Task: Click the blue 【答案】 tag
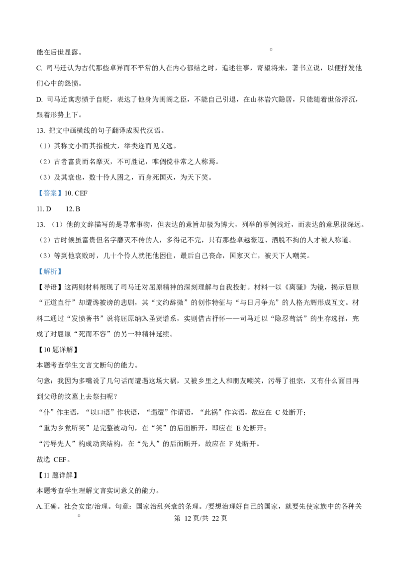point(50,193)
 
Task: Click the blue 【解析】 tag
point(50,272)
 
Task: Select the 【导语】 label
point(50,287)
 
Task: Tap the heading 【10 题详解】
point(58,350)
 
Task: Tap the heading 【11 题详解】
point(58,475)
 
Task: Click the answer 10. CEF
point(76,193)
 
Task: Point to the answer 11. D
point(44,209)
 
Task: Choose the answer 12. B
point(73,209)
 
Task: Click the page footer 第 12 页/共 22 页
point(200,518)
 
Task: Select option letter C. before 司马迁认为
point(39,68)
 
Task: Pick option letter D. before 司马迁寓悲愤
point(39,99)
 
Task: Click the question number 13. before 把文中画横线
point(41,131)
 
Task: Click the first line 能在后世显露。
point(60,52)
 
